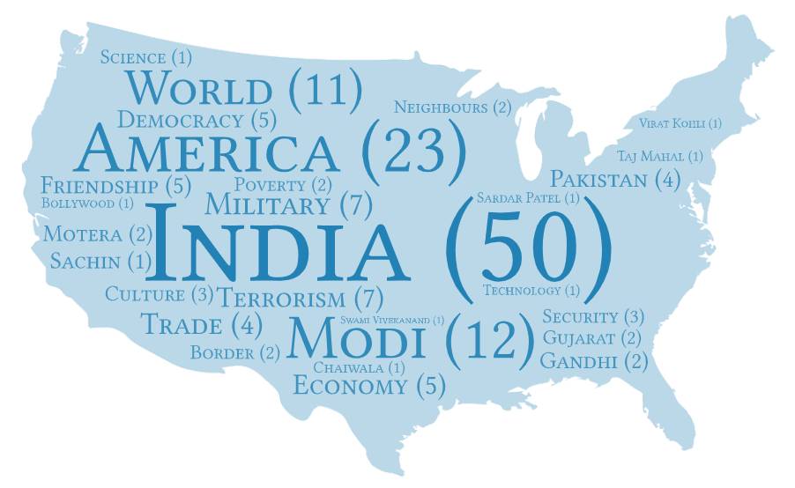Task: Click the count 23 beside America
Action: (414, 147)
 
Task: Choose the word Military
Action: (267, 206)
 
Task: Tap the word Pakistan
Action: (598, 180)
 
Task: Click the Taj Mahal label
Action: (650, 156)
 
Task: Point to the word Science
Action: (133, 57)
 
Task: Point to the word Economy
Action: (350, 386)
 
